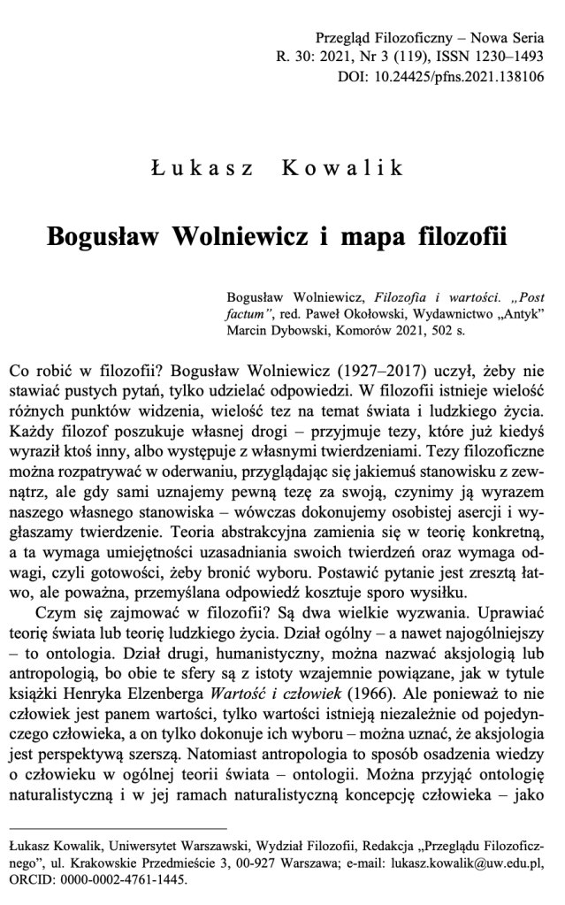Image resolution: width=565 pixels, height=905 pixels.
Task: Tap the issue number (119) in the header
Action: point(401,58)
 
